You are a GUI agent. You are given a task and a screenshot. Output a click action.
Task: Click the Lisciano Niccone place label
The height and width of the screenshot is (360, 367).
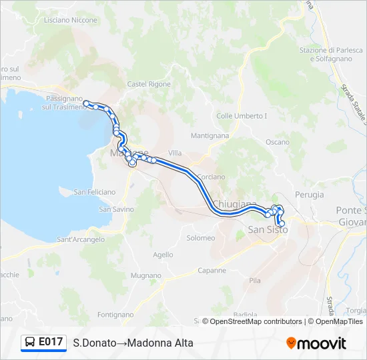[70, 20]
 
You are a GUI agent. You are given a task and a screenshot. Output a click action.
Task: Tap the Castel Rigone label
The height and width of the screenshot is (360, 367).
[149, 84]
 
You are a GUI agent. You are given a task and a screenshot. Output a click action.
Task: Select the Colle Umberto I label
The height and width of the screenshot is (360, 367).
[242, 115]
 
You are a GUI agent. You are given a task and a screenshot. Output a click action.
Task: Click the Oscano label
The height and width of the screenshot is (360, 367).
[278, 142]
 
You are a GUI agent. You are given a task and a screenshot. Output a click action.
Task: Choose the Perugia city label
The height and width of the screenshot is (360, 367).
[308, 195]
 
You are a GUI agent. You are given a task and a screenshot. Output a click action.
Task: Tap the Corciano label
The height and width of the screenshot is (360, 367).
[212, 177]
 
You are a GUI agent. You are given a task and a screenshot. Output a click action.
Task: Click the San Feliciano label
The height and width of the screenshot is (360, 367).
[95, 192]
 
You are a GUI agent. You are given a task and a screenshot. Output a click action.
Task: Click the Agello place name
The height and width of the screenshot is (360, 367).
[163, 255]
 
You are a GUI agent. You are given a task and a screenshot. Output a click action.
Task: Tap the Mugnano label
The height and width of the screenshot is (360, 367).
[146, 275]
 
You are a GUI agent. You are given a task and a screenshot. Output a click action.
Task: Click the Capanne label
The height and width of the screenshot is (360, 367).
[213, 271]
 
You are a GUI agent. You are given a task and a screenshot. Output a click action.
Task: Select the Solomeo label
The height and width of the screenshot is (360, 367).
[201, 238]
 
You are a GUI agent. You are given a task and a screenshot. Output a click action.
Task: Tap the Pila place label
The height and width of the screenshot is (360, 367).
[255, 281]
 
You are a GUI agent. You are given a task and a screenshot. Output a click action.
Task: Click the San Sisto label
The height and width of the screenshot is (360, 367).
[268, 229]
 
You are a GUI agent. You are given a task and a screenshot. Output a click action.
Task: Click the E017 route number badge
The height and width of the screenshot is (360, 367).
[44, 343]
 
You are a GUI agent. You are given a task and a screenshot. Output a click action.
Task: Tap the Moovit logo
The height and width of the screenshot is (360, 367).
[316, 343]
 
